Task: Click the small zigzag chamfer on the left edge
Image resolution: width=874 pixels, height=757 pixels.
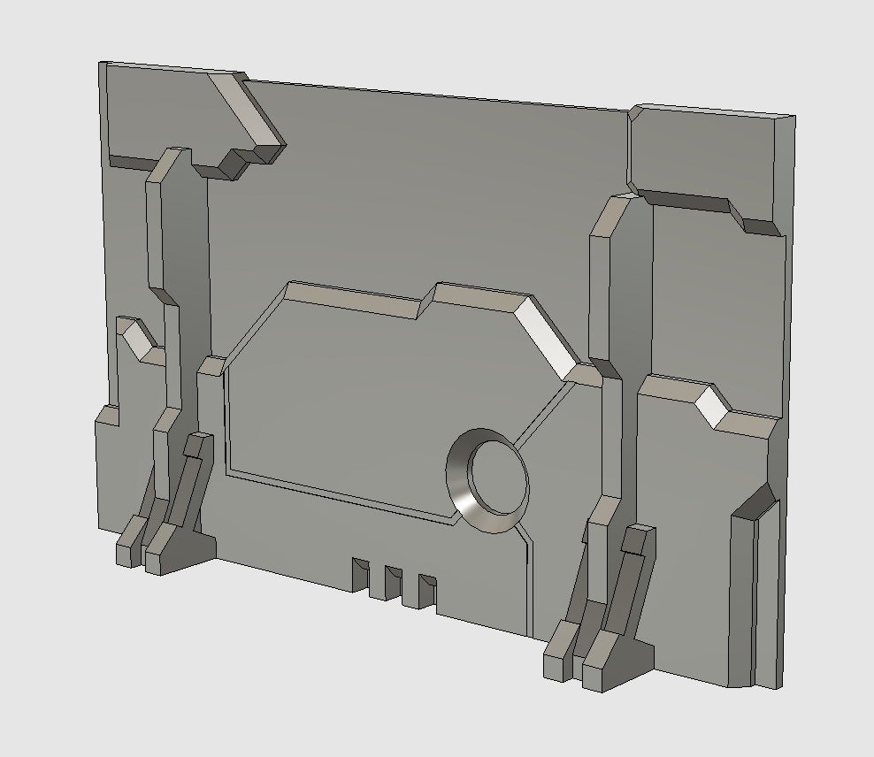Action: (136, 337)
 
